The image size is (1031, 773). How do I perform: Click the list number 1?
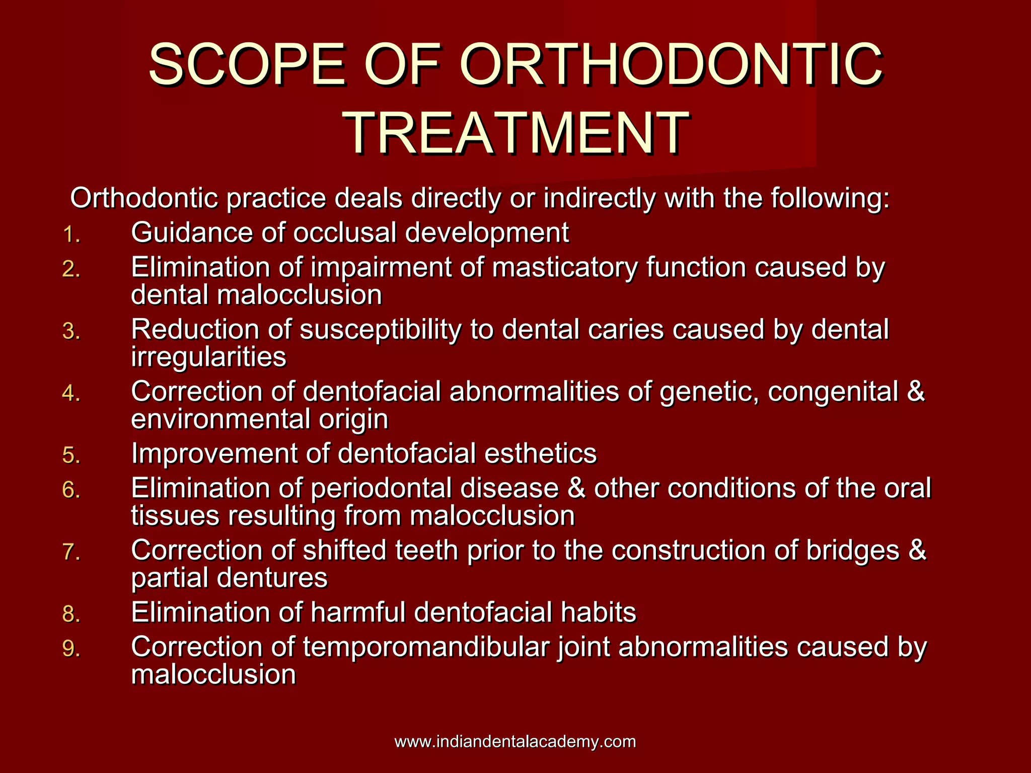pyautogui.click(x=71, y=235)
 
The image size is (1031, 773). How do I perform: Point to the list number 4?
pyautogui.click(x=71, y=394)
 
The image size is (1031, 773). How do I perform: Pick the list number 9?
pyautogui.click(x=71, y=649)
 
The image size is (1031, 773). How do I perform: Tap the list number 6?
pyautogui.click(x=71, y=490)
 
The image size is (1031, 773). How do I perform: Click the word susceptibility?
pyautogui.click(x=381, y=330)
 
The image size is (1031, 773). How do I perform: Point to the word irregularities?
pyautogui.click(x=208, y=358)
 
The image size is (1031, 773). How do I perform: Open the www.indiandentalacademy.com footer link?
pyautogui.click(x=515, y=742)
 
